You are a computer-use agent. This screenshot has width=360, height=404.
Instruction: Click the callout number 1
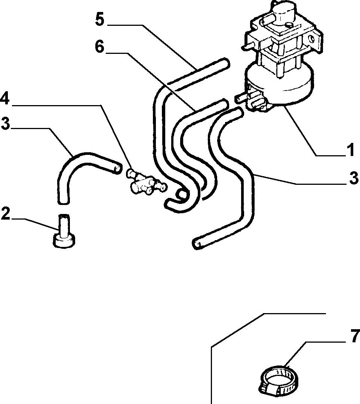[x=351, y=150]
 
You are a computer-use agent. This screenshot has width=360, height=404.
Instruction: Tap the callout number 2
[x=5, y=214]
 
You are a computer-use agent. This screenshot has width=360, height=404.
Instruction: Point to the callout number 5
[x=100, y=19]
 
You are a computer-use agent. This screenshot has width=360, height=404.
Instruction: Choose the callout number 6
[x=99, y=47]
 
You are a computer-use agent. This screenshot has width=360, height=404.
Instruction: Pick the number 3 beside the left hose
[x=5, y=123]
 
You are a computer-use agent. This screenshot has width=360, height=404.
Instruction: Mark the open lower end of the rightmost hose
[x=197, y=244]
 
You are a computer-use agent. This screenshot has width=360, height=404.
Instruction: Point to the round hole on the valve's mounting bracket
[x=312, y=39]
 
